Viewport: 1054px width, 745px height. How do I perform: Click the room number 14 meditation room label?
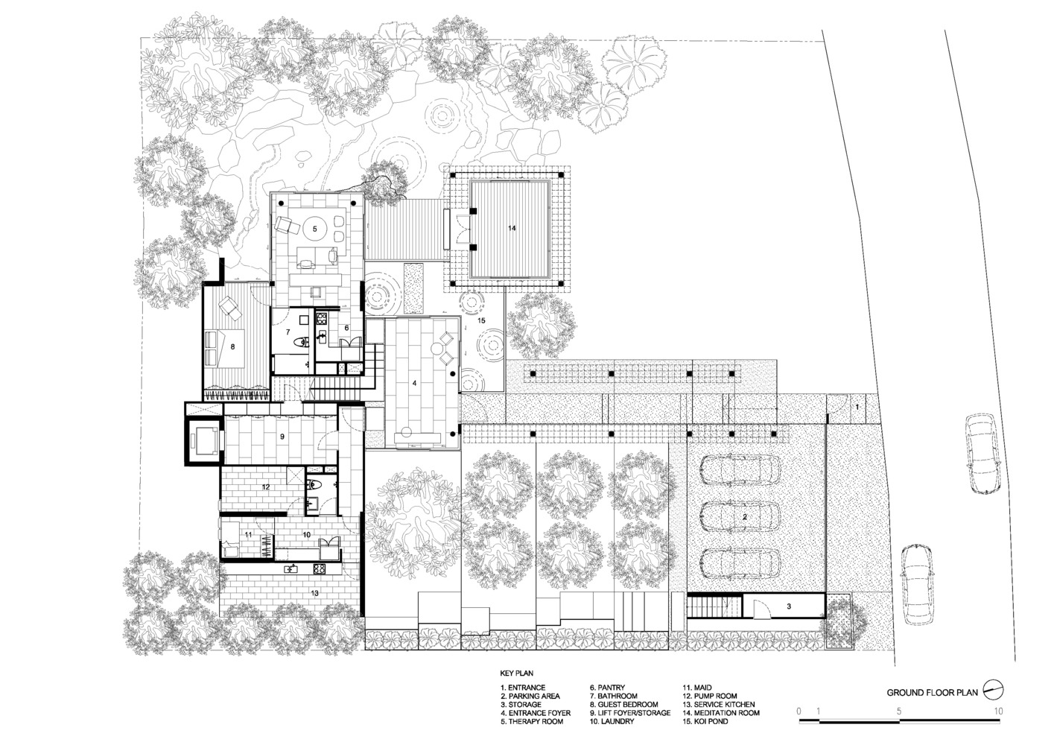pos(512,228)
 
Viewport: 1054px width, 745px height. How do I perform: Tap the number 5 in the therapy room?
pos(315,229)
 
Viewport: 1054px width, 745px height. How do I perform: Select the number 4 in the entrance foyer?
pos(415,384)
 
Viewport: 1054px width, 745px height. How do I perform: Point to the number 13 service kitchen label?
pos(314,593)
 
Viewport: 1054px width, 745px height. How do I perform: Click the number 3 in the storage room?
pos(789,606)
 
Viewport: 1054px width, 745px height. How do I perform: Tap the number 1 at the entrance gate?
pos(857,407)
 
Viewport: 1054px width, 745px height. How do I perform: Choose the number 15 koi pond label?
pos(481,320)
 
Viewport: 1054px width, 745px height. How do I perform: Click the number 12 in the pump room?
pos(266,486)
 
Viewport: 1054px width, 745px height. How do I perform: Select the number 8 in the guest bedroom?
pos(232,347)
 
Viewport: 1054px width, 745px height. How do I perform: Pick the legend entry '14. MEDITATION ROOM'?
pos(721,713)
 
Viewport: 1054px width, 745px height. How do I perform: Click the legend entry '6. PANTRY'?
pos(608,688)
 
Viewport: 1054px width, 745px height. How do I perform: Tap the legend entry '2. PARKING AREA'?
pos(530,696)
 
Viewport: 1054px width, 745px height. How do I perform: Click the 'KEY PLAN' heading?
pos(517,673)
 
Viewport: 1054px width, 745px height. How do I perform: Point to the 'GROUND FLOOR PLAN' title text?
pos(932,693)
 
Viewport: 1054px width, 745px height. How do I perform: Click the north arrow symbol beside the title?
pos(993,691)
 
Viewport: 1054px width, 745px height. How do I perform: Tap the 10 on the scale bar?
pos(998,711)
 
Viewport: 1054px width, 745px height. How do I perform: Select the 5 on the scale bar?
pos(899,711)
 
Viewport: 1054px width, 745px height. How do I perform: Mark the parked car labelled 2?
pos(740,517)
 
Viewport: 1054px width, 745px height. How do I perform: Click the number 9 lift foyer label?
pos(282,437)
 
